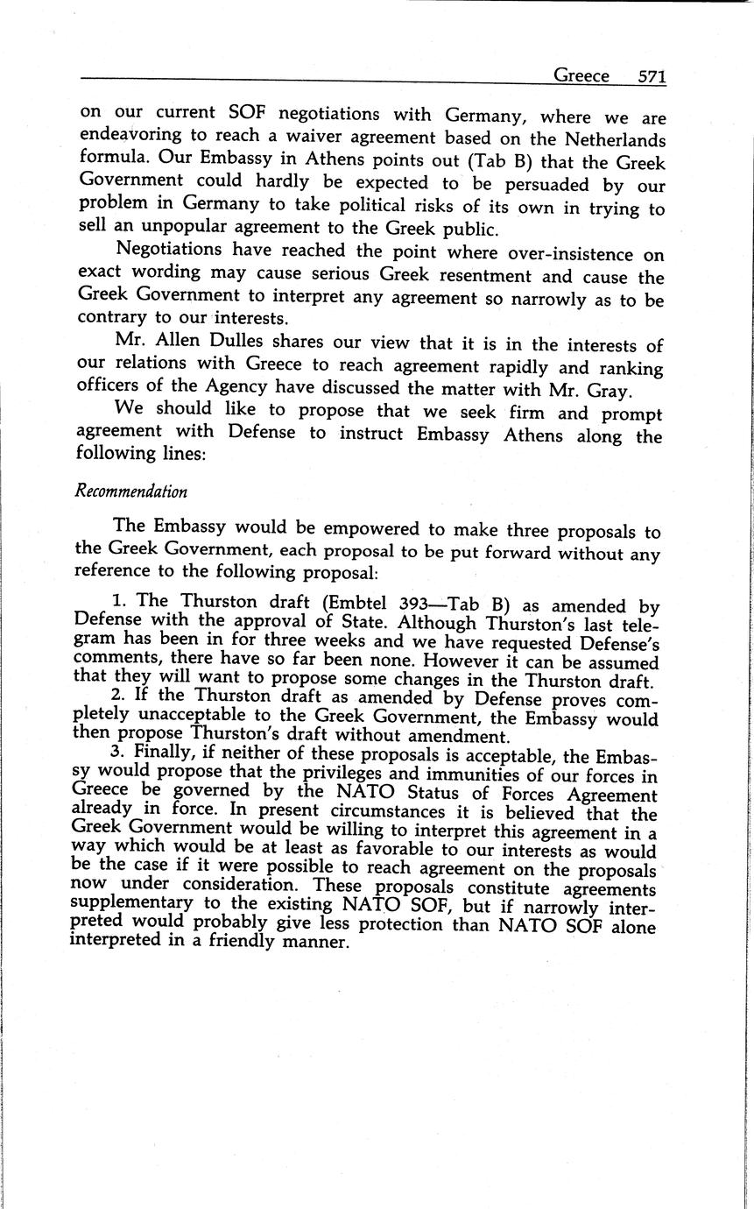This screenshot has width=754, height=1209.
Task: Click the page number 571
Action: coord(652,76)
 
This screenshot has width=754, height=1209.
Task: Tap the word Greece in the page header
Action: coord(581,76)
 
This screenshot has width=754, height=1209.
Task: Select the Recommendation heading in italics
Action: coord(131,491)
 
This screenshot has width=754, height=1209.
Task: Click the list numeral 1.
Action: coord(117,602)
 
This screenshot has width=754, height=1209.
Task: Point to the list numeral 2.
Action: coord(117,698)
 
